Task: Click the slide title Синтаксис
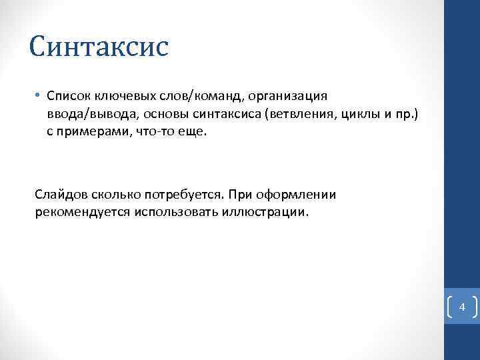tap(99, 47)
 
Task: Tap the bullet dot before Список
tap(37, 97)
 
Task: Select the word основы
tap(155, 114)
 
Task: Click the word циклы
tap(357, 114)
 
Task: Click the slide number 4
tap(462, 308)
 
